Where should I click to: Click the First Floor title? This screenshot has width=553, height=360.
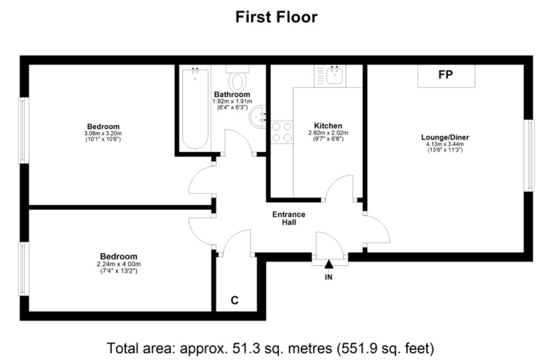click(276, 17)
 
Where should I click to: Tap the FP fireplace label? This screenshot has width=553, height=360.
click(445, 75)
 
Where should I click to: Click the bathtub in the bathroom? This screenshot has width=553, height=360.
click(195, 109)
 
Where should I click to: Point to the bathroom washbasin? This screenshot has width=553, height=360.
click(258, 117)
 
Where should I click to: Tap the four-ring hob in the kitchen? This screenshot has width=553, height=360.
click(282, 132)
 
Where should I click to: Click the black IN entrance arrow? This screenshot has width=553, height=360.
click(328, 264)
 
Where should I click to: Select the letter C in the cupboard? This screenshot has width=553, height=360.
click(234, 300)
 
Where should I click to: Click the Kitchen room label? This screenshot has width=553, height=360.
click(328, 126)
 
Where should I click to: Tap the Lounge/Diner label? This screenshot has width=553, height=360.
click(445, 137)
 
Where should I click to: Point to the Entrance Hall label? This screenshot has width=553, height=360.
click(289, 218)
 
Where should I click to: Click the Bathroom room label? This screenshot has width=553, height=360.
click(232, 94)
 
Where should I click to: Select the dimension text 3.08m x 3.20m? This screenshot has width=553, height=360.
click(103, 133)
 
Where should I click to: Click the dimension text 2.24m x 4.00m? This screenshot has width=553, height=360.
click(119, 264)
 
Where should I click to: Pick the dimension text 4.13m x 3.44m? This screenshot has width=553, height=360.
click(445, 144)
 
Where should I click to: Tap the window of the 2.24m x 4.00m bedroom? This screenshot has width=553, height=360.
click(24, 269)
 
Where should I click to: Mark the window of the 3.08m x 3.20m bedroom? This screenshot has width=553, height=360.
click(24, 130)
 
